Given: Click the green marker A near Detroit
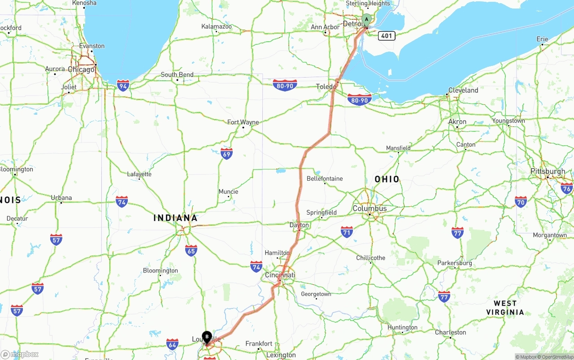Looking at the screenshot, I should click(366, 20).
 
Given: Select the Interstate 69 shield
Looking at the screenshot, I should click(226, 154).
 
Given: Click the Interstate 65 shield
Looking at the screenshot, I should click(191, 251).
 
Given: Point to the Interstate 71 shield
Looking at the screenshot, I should click(347, 232).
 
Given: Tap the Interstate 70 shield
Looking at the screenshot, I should click(521, 202).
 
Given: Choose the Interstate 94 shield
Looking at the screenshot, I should click(123, 85).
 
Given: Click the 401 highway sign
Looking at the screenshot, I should click(386, 35).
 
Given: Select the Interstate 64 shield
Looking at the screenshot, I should click(172, 344).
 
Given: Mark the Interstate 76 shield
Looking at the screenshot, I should click(567, 188).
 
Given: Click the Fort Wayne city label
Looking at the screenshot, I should click(243, 122).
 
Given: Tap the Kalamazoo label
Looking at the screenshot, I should click(217, 27).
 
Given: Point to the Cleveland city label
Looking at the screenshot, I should click(463, 90).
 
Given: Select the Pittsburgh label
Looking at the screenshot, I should click(548, 171).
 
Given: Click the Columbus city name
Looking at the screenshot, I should click(370, 208).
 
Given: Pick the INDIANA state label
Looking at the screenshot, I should click(175, 218).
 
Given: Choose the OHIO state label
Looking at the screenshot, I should click(387, 179).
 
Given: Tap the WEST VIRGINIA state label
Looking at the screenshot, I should click(505, 308).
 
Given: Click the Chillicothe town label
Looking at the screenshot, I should click(371, 258).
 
